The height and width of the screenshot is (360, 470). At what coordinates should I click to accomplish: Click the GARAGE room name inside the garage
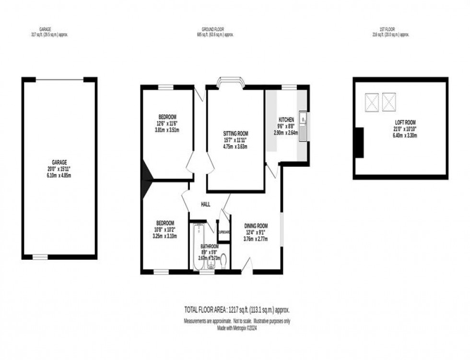59,162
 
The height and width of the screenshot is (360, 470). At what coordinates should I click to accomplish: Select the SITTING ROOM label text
235,134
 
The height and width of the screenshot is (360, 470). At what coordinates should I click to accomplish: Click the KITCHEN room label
286,119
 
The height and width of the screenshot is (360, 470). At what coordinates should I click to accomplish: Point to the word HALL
205,204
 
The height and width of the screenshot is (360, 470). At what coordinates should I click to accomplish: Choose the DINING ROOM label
256,226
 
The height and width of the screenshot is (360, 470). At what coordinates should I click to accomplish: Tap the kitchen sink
303,118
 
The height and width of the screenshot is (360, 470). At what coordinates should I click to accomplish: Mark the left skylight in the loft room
372,102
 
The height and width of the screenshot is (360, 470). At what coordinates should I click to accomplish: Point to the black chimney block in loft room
359,142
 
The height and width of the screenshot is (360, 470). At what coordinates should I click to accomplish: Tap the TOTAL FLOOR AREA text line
237,310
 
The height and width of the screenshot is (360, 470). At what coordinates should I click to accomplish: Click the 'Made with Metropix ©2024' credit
237,327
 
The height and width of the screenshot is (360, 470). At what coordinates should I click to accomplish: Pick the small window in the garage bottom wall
40,257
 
